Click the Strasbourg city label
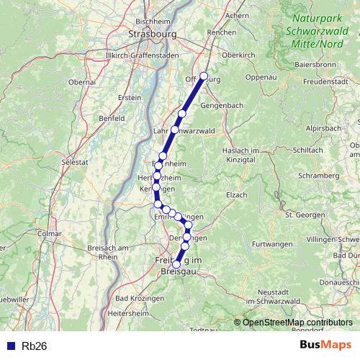point(150,33)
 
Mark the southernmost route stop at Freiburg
point(176,264)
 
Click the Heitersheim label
point(127,314)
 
